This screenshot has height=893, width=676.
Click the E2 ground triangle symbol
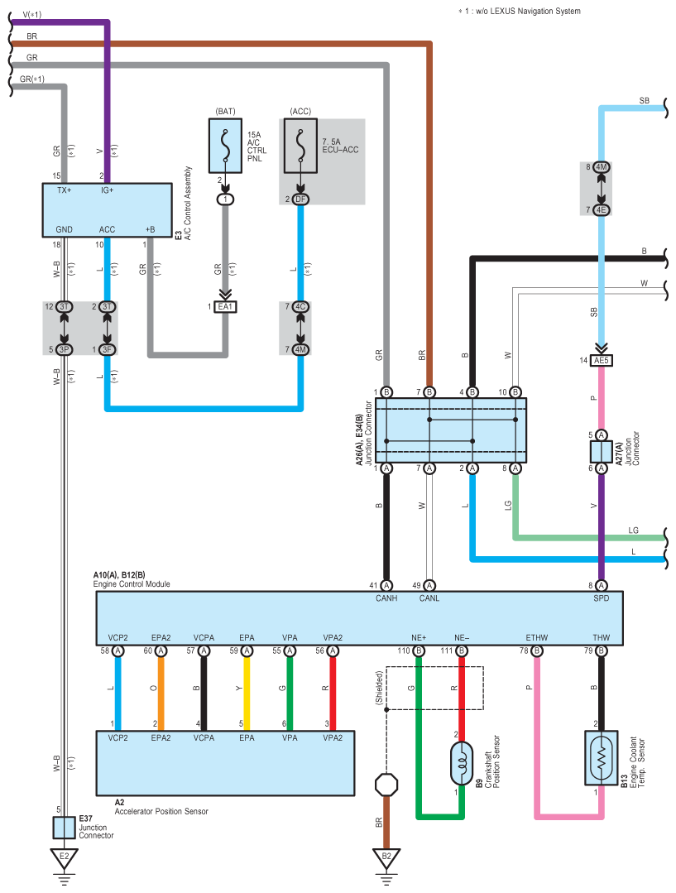(x=64, y=858)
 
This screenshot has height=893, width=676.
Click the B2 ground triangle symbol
(x=386, y=858)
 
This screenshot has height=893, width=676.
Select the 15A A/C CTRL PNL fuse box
(x=226, y=146)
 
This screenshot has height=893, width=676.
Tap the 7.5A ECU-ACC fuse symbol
(x=300, y=146)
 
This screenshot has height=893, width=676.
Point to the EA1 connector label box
(x=226, y=307)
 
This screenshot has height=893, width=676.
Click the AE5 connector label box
(x=602, y=361)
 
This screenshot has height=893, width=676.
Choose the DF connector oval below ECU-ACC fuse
(x=300, y=199)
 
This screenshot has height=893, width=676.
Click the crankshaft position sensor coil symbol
(x=462, y=763)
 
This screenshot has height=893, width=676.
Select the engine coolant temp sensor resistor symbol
(x=602, y=758)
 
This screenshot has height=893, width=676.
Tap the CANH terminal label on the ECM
(x=386, y=598)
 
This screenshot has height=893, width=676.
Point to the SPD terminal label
(x=602, y=598)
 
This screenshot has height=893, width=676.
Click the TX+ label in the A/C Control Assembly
(x=65, y=190)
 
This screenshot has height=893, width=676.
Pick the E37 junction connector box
(x=65, y=828)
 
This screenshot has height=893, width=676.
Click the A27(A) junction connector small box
(x=602, y=452)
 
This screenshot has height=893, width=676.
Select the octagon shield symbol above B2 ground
(x=386, y=785)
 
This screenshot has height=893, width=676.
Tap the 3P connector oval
(x=65, y=350)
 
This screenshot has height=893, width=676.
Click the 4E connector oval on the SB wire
(x=602, y=210)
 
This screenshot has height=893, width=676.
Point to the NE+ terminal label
(x=419, y=638)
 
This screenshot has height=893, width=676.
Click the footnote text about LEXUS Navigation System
(x=520, y=11)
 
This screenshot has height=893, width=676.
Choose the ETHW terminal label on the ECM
(x=536, y=638)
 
